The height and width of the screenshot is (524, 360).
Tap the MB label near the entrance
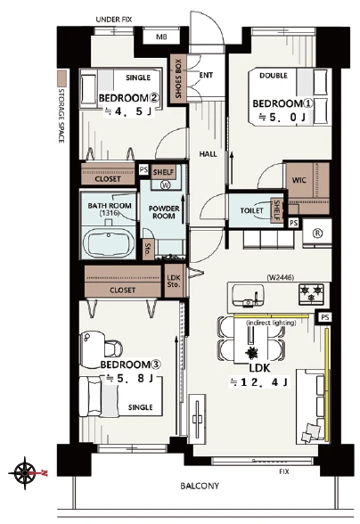click(161, 37)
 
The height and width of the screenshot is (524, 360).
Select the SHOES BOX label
click(178, 78)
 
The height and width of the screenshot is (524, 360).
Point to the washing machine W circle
click(165, 184)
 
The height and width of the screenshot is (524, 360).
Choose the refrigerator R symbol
click(317, 233)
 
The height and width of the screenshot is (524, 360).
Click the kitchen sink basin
click(248, 295)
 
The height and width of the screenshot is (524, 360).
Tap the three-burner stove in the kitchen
click(311, 294)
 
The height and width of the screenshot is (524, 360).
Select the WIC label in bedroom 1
click(299, 180)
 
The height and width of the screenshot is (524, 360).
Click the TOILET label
click(251, 210)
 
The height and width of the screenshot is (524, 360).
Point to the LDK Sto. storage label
click(174, 281)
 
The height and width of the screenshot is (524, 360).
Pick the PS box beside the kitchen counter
click(324, 317)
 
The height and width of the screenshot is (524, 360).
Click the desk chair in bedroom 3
click(113, 348)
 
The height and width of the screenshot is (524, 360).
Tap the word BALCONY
click(200, 486)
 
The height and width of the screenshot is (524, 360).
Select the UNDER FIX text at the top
click(114, 20)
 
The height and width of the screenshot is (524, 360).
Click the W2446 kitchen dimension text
click(280, 277)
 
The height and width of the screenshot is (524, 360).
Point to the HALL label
click(208, 154)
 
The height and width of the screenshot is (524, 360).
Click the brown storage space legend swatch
click(61, 78)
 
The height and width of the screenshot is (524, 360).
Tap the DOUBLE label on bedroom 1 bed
click(274, 76)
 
